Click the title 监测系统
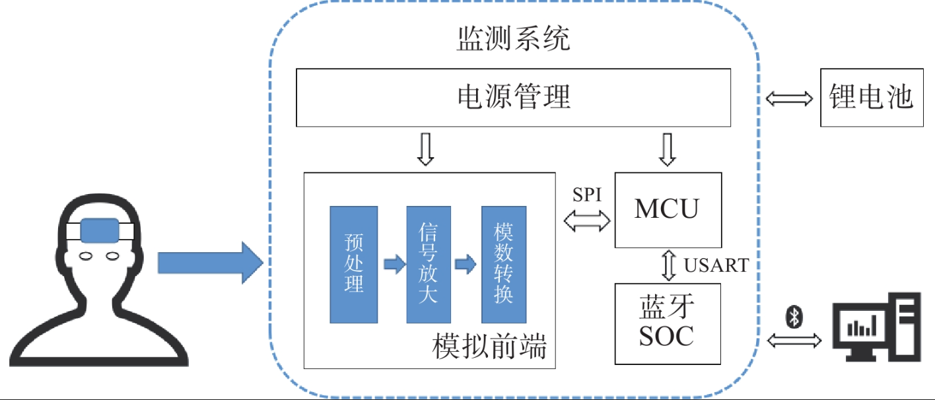[x=514, y=38]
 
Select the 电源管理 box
[x=514, y=98]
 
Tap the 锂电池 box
[x=872, y=98]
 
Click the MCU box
[x=668, y=210]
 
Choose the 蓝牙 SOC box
[x=668, y=323]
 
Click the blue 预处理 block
[x=353, y=265]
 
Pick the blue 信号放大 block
[x=429, y=265]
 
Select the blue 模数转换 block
[x=503, y=265]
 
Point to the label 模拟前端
[x=489, y=346]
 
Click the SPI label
[x=587, y=194]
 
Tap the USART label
[x=716, y=265]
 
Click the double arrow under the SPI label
[x=587, y=220]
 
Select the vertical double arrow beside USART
[x=669, y=265]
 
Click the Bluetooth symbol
[x=794, y=317]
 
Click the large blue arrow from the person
[x=211, y=263]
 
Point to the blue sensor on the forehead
[x=100, y=230]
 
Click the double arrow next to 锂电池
[x=789, y=99]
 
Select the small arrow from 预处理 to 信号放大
[x=394, y=264]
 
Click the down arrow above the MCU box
[x=668, y=150]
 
